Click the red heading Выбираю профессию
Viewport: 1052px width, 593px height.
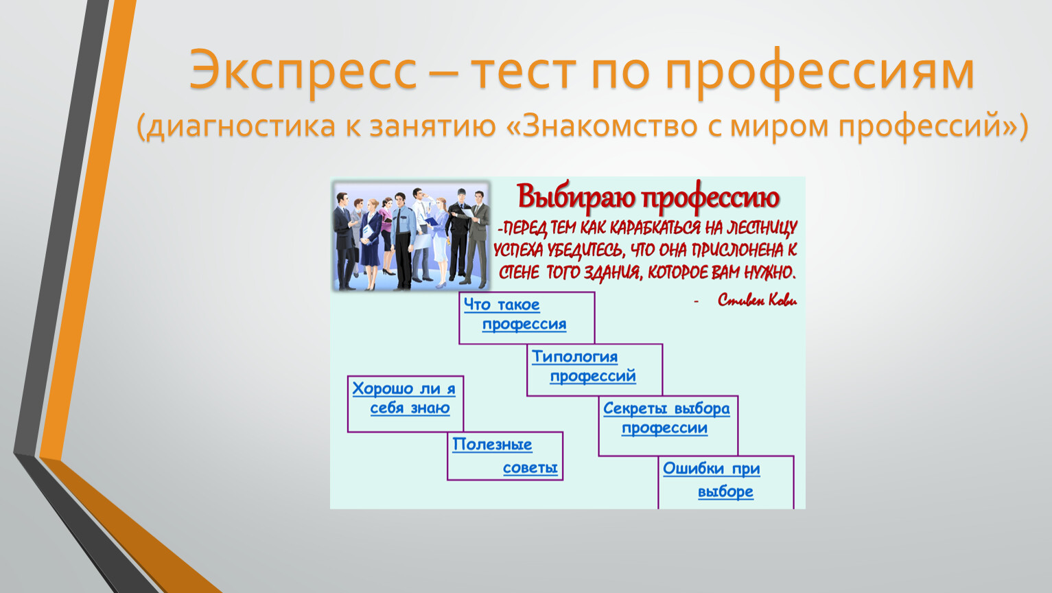pos(648,197)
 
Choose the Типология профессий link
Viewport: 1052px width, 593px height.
pos(584,366)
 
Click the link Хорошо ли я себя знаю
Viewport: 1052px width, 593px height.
pos(404,398)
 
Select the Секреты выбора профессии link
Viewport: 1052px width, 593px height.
pos(666,418)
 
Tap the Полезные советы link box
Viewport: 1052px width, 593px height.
pos(505,456)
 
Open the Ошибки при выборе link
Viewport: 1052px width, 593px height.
pos(712,480)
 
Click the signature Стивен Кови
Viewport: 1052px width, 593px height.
pos(757,300)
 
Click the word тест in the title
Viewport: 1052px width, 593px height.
pos(524,73)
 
